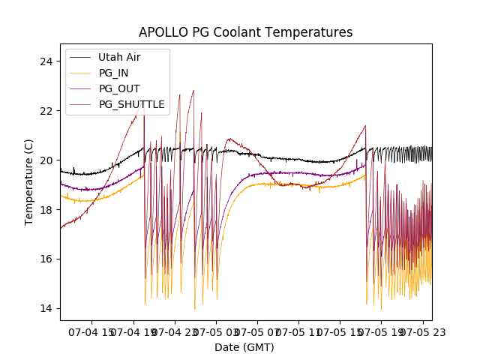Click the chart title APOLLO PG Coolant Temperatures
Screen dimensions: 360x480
click(x=245, y=32)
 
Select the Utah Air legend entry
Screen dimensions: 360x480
click(x=119, y=57)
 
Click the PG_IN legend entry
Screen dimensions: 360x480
click(x=113, y=73)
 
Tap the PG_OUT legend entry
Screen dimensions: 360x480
click(x=119, y=88)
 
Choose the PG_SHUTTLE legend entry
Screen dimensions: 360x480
click(x=131, y=104)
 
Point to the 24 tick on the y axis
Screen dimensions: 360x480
click(x=49, y=61)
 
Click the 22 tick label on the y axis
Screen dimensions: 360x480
click(x=49, y=110)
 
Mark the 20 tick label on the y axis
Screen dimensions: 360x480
click(x=49, y=160)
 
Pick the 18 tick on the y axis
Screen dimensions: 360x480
click(x=49, y=209)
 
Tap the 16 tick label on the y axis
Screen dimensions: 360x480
click(x=49, y=259)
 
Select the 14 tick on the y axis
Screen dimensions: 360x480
click(x=49, y=308)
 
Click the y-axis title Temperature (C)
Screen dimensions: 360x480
click(x=29, y=181)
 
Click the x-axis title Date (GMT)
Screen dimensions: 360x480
click(x=244, y=347)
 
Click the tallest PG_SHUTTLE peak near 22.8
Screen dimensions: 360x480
click(x=193, y=91)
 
